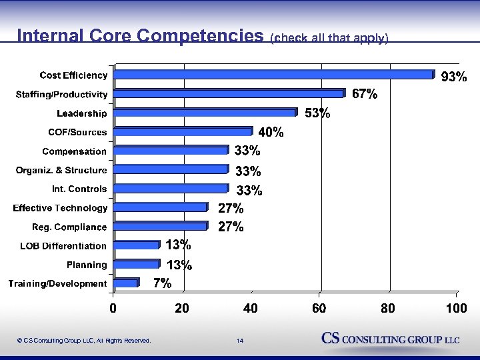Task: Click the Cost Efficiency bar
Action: pos(273,75)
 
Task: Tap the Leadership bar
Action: pos(205,113)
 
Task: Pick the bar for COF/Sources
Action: pos(183,132)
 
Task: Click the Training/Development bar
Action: pos(126,283)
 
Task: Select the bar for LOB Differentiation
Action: pos(137,245)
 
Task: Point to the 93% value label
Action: pos(454,78)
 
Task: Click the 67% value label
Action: pos(365,95)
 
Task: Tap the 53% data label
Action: pos(317,113)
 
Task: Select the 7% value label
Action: pos(162,283)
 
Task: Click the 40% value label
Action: pos(271,132)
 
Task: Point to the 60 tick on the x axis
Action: pos(319,309)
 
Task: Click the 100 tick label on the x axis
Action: pos(457,309)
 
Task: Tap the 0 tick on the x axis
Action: pos(113,309)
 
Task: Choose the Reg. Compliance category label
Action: pos(69,227)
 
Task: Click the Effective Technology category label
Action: pos(60,209)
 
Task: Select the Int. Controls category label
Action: pos(79,189)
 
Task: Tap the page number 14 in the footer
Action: pos(240,341)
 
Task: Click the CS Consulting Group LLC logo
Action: pos(391,339)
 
